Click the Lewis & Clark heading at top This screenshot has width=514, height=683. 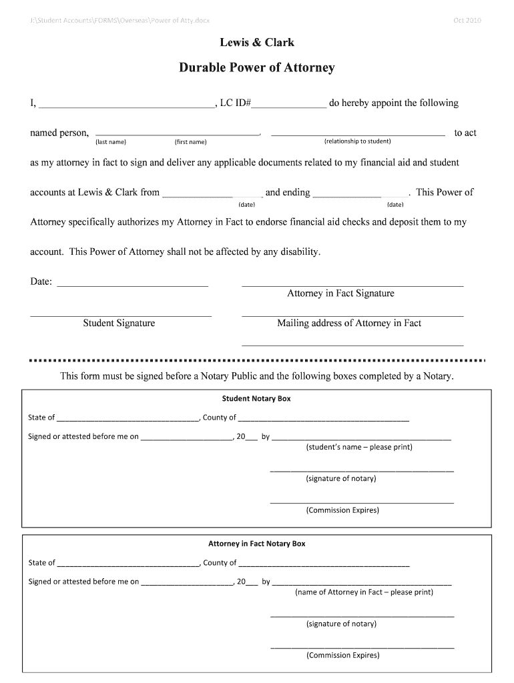click(257, 43)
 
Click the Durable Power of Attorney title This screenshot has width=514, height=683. click(257, 67)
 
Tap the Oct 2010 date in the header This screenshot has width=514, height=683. click(467, 20)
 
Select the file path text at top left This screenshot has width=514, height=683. click(119, 20)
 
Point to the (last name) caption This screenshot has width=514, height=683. click(111, 141)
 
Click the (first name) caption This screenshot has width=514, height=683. click(191, 141)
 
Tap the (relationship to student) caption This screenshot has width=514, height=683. click(358, 141)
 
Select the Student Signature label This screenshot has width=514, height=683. click(119, 323)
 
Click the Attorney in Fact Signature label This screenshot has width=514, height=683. click(340, 293)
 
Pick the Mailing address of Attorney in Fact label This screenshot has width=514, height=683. click(349, 323)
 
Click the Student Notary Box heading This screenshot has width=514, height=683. click(256, 399)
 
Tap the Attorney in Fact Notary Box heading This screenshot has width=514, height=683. click(256, 544)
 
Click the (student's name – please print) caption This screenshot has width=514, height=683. click(359, 447)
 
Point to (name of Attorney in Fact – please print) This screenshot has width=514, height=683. click(364, 592)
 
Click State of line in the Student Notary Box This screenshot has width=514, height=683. click(127, 419)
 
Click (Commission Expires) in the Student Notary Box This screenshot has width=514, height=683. click(342, 510)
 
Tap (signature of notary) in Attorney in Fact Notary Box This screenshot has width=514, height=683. click(341, 624)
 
